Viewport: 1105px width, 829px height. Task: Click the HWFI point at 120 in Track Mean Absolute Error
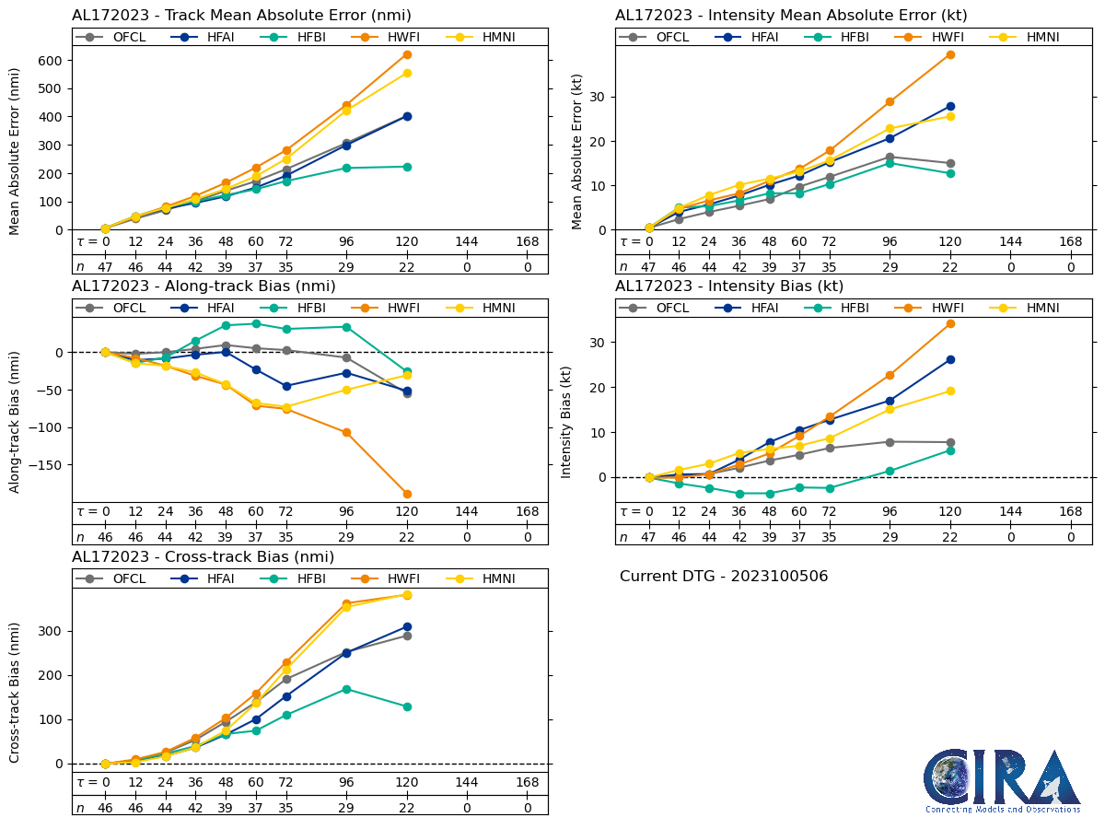(x=407, y=54)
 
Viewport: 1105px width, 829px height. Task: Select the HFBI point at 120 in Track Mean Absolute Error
(x=407, y=167)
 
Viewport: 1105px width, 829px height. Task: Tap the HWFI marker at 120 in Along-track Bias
(x=407, y=494)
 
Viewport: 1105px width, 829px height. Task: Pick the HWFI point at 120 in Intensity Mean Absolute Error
(x=950, y=54)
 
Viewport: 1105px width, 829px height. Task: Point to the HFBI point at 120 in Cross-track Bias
(x=407, y=706)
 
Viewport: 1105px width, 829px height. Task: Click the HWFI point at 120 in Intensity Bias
(x=950, y=323)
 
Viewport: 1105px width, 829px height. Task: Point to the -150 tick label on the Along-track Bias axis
(x=47, y=465)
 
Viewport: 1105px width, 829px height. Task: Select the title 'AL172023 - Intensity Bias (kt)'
(x=729, y=286)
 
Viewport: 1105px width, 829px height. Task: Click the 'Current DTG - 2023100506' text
(x=724, y=577)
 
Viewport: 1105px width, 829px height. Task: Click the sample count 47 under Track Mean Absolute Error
(x=105, y=267)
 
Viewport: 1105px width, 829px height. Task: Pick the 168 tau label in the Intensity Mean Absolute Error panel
(x=1070, y=241)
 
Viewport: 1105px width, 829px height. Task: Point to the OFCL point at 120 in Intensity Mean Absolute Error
(x=950, y=163)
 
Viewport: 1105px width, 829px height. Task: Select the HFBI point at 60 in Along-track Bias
(x=256, y=323)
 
